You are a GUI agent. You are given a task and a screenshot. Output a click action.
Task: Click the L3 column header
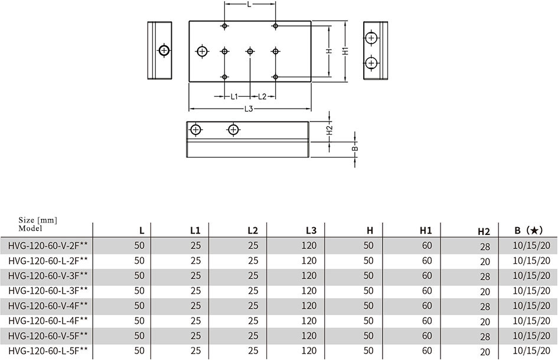(x=311, y=231)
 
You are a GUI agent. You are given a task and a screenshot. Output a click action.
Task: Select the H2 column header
(x=484, y=232)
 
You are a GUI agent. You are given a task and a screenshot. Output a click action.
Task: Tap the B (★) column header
(x=529, y=231)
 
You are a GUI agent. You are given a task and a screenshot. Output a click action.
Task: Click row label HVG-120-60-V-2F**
(x=48, y=246)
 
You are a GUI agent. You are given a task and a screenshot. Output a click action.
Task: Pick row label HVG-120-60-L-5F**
(x=48, y=351)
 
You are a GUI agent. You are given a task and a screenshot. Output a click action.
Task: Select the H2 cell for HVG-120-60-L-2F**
(x=485, y=262)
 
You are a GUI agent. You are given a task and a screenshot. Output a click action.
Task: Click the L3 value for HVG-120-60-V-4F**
(x=309, y=306)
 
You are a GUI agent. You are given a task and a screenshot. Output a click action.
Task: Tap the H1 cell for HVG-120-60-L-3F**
(x=427, y=291)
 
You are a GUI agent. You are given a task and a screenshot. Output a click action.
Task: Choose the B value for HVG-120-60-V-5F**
(x=531, y=336)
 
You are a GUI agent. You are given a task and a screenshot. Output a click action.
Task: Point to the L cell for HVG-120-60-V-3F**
(x=139, y=276)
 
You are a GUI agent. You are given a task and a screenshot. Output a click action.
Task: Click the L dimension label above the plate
(x=249, y=5)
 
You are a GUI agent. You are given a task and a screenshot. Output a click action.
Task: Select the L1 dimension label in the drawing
(x=234, y=97)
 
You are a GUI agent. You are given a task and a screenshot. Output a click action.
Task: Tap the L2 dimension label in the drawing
(x=262, y=97)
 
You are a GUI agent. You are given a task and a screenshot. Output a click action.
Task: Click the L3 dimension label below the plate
(x=249, y=109)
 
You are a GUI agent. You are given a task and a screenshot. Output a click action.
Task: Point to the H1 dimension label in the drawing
(x=345, y=51)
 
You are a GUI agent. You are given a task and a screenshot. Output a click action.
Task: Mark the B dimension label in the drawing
(x=355, y=149)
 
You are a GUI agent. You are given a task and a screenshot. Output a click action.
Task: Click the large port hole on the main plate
(x=203, y=51)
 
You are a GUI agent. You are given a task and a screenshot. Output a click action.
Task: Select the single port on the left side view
(x=164, y=51)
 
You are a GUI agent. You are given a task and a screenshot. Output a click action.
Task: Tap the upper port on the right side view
(x=371, y=38)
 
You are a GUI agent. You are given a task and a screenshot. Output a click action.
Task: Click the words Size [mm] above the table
(x=38, y=220)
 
